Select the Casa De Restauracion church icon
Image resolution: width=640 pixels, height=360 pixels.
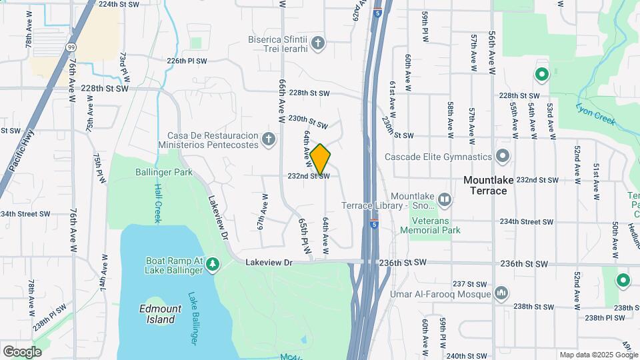click(268, 139)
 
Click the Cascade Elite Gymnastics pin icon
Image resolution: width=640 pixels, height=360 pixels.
click(503, 157)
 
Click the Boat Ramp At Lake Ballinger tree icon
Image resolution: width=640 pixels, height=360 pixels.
click(213, 265)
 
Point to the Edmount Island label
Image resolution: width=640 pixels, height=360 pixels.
click(157, 314)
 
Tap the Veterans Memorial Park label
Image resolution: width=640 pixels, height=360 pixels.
click(430, 225)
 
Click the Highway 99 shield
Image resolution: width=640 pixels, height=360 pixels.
click(71, 47)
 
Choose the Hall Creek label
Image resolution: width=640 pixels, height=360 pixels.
click(158, 203)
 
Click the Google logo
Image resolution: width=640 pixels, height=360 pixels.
click(21, 352)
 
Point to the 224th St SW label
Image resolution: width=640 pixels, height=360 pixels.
click(119, 4)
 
